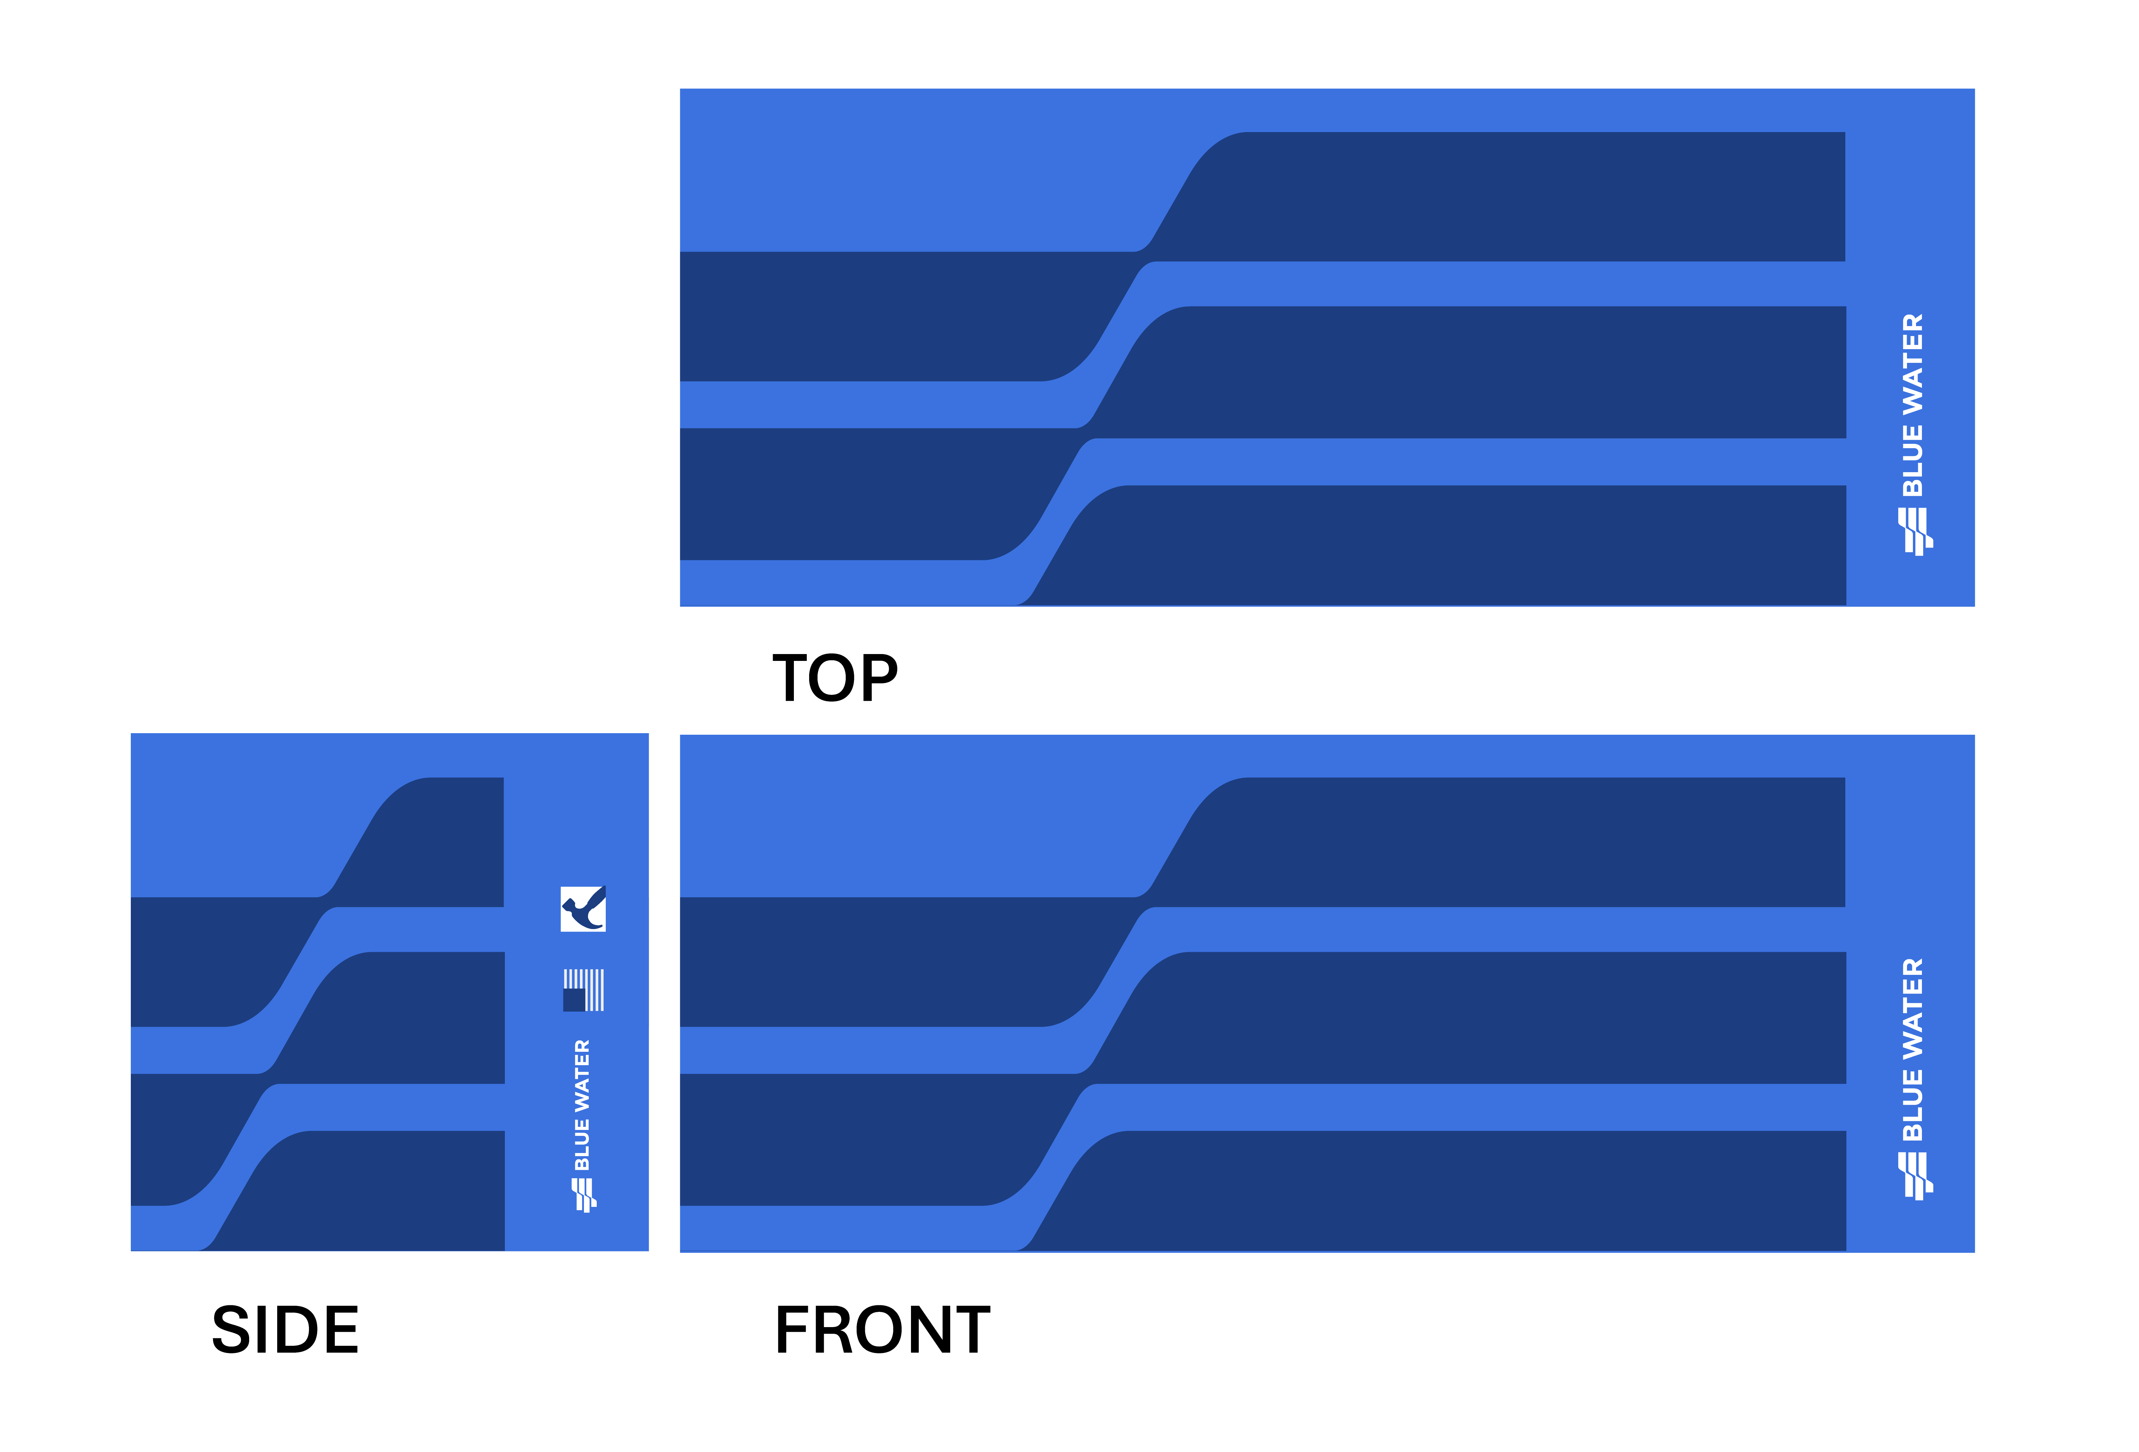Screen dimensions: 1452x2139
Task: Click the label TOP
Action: pos(835,679)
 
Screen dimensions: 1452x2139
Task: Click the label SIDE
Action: pos(285,1331)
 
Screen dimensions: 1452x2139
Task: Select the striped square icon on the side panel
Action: pos(584,990)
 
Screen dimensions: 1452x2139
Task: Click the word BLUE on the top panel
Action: pos(1913,460)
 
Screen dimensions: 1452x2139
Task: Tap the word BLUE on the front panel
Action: pos(1913,1105)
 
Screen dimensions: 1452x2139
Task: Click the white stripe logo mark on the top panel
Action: pos(1915,532)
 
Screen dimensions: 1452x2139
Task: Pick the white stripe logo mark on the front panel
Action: pos(1915,1176)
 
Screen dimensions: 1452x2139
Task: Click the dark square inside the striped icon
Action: pos(574,999)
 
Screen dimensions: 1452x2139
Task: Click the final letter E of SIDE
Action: pos(340,1331)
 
